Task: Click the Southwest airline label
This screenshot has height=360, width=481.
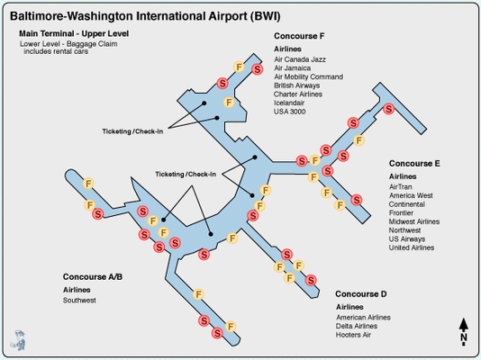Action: tap(79, 301)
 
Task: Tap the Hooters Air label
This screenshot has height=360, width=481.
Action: tap(353, 335)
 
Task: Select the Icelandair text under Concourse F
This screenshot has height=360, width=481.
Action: tap(289, 103)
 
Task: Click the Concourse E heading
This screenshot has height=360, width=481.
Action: tap(414, 164)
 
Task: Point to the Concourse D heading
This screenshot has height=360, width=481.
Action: tap(360, 294)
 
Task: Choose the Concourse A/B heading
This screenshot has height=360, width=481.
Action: tap(93, 277)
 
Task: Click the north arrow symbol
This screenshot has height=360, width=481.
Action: tap(464, 331)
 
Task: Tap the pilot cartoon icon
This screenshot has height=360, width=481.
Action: tap(18, 340)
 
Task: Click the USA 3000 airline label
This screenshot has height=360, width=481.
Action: tap(289, 112)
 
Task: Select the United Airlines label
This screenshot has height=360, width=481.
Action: tap(412, 247)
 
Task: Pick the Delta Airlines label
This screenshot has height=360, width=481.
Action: tap(357, 326)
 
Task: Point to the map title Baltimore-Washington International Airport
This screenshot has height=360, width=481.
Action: tap(145, 16)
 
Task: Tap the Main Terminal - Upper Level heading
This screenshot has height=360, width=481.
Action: tap(74, 33)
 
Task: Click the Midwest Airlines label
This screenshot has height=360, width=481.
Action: tap(414, 221)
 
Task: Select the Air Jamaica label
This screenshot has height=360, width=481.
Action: tap(293, 68)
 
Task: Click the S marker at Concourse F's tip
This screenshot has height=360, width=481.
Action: tap(258, 69)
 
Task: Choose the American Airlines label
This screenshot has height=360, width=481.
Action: tap(363, 318)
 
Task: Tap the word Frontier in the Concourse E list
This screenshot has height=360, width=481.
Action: tap(401, 213)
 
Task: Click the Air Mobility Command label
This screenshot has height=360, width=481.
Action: tap(309, 76)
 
